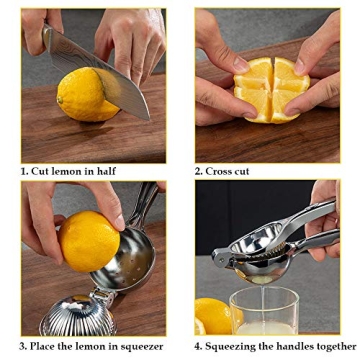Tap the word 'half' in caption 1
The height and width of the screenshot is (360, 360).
click(x=103, y=171)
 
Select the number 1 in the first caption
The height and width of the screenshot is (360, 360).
click(x=23, y=171)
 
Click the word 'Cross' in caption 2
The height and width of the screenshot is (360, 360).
click(x=220, y=171)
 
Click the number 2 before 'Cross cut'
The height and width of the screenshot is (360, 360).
click(x=198, y=171)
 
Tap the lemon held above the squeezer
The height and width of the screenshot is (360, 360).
click(x=90, y=240)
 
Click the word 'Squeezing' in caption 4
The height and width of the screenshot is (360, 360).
click(x=234, y=347)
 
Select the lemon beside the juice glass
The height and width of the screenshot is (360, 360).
click(x=213, y=314)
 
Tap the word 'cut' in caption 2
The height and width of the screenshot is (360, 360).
click(x=242, y=171)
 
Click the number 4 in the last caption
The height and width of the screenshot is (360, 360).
click(x=198, y=347)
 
